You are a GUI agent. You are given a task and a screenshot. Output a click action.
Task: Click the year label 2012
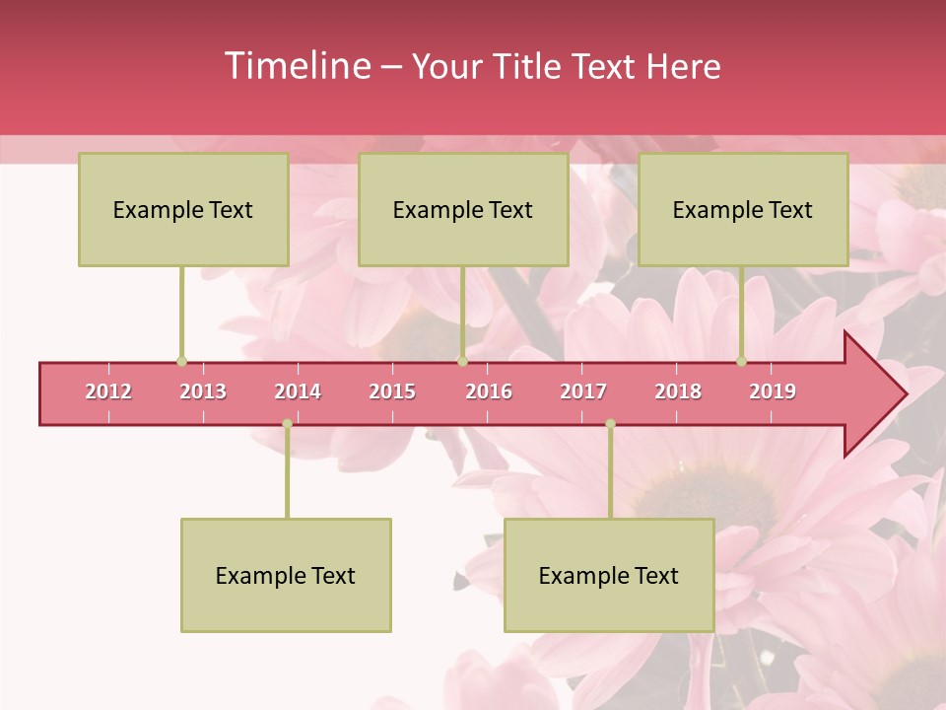[x=108, y=391]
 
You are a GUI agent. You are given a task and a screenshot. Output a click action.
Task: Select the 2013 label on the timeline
[x=203, y=391]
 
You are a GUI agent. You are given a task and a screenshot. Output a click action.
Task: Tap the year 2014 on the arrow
[x=298, y=391]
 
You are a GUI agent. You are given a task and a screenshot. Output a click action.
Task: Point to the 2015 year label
[x=392, y=391]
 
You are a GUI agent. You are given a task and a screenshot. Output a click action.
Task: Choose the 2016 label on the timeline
[x=489, y=391]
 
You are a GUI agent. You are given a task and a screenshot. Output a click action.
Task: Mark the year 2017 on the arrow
[x=583, y=391]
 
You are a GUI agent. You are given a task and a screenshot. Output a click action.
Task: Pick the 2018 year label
[x=678, y=391]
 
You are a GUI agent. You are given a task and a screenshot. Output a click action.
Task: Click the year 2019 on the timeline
[x=773, y=391]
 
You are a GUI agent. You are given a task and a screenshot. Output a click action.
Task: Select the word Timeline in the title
[x=296, y=66]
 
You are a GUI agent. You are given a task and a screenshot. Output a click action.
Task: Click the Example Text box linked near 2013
[x=183, y=209]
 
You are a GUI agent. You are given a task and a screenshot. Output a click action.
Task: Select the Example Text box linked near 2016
[x=463, y=209]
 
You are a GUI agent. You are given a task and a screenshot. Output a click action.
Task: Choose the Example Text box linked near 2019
[x=743, y=209]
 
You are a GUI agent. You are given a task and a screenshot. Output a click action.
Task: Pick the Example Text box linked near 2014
[x=286, y=575]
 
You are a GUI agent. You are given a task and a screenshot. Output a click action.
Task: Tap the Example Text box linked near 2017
[x=609, y=575]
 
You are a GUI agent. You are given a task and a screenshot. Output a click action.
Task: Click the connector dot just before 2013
[x=181, y=362]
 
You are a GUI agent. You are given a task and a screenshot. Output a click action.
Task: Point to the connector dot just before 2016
[x=462, y=362]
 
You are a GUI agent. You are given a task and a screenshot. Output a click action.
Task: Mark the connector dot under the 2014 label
[x=287, y=424]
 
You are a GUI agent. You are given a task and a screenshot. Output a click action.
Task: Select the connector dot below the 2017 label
[x=610, y=424]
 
